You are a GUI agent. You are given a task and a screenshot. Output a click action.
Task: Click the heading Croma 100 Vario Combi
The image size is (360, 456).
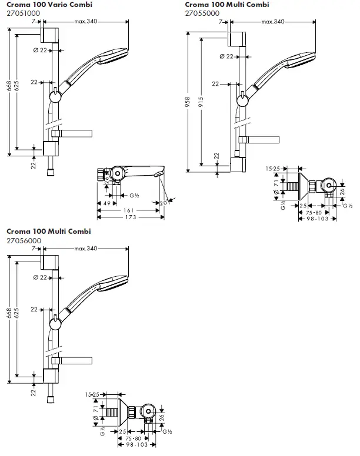click(49, 5)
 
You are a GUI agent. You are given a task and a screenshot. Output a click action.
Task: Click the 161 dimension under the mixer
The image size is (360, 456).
click(125, 210)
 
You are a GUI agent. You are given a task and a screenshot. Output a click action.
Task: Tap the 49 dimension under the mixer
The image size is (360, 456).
click(107, 203)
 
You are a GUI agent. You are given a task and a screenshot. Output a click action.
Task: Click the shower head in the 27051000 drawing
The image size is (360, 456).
click(113, 56)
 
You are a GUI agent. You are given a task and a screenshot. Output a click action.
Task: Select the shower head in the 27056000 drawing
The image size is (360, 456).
click(113, 283)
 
